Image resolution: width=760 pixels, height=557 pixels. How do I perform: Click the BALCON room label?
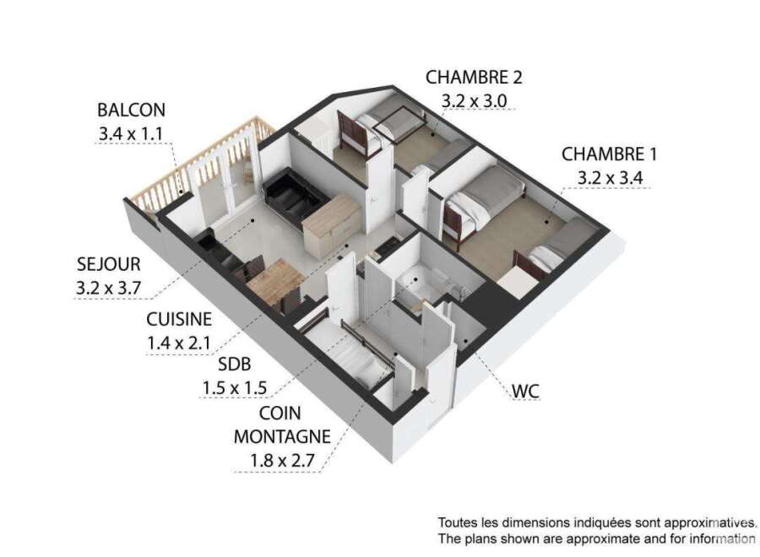coord(132,110)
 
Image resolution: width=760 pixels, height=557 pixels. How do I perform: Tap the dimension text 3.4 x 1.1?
coord(131,133)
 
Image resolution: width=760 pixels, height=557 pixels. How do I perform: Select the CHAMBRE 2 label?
coord(474,77)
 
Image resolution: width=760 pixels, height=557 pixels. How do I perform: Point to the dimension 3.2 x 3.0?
coord(474,100)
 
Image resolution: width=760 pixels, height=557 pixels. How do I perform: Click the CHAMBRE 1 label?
coord(609,154)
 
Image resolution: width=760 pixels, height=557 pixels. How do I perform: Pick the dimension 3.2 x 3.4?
coord(611,178)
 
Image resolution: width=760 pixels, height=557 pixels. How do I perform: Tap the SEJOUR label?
coord(109,264)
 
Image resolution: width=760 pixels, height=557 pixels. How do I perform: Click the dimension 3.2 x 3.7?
coord(109,288)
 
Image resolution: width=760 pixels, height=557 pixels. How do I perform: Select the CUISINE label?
coord(179,319)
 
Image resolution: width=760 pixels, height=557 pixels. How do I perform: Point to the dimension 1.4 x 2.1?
coord(179,343)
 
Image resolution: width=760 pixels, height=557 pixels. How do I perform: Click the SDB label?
coord(235,364)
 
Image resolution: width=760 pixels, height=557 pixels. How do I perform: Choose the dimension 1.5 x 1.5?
coord(235,388)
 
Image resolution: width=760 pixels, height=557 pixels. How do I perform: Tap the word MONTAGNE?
coord(282,436)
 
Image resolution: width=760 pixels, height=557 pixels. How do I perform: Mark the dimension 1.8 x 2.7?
coord(282,460)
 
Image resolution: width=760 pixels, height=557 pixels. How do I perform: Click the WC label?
coord(526,391)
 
